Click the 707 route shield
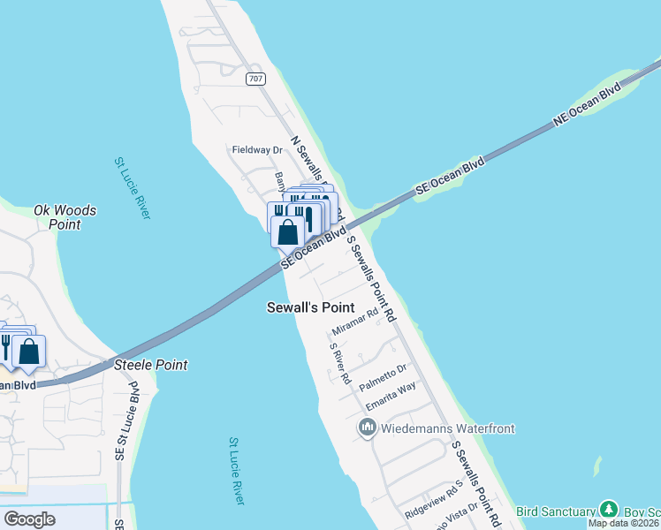[x=256, y=79]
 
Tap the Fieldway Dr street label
[x=256, y=150]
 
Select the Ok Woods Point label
[x=65, y=217]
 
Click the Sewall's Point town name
[x=310, y=307]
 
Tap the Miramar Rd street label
[x=354, y=322]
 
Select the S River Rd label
[x=340, y=363]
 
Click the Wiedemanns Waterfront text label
[x=447, y=429]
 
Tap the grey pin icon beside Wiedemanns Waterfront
[x=368, y=428]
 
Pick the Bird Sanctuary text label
[x=556, y=511]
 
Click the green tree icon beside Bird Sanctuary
[x=608, y=510]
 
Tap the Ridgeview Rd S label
[x=435, y=499]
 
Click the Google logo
[x=29, y=519]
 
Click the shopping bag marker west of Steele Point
[x=29, y=352]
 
